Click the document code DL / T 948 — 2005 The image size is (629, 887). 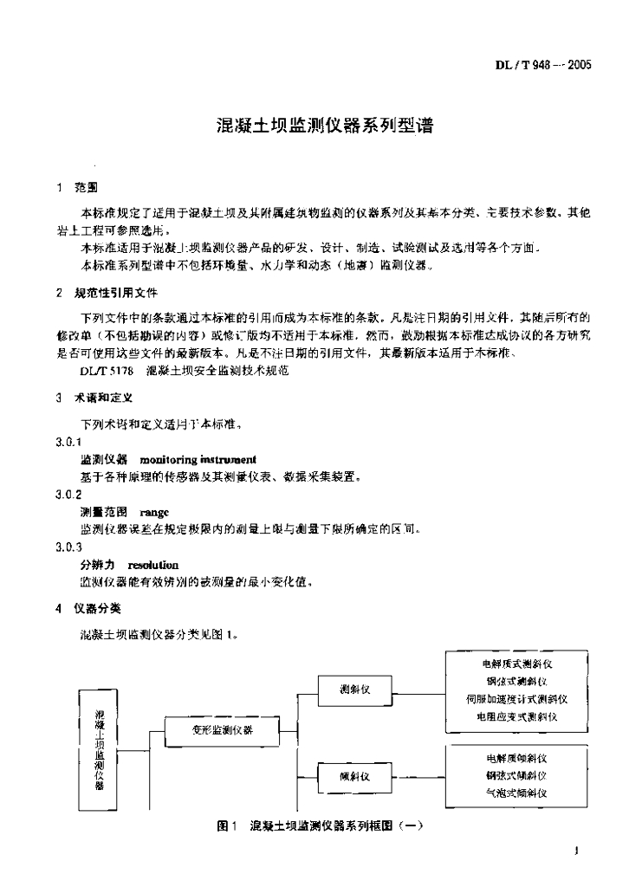[x=542, y=64]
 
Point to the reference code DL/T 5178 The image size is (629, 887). [x=107, y=370]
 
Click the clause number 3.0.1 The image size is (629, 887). [x=68, y=442]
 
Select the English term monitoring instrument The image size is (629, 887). [x=198, y=458]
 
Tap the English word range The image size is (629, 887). [x=154, y=512]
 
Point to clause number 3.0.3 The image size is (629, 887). [x=68, y=547]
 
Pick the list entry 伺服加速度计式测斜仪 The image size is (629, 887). [x=516, y=699]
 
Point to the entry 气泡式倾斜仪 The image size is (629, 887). [x=516, y=793]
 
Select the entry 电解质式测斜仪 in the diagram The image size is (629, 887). [x=516, y=664]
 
